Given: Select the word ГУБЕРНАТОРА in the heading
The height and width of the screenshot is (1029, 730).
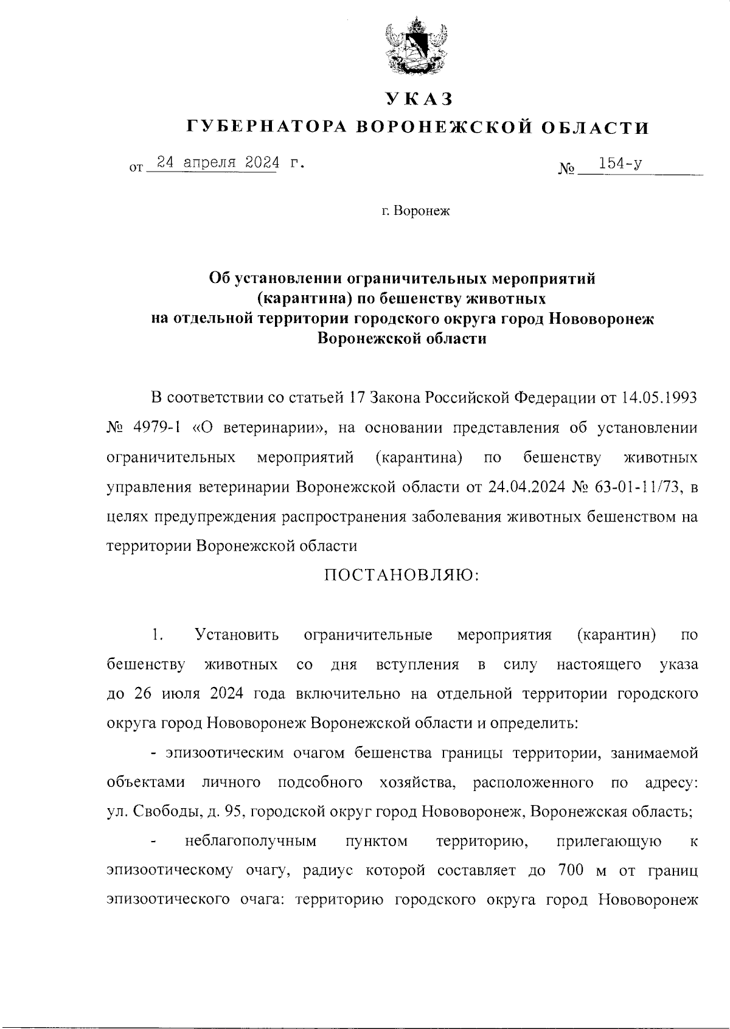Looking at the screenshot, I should [x=266, y=127].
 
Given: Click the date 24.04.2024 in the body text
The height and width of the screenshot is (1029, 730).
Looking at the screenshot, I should [x=516, y=487].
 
